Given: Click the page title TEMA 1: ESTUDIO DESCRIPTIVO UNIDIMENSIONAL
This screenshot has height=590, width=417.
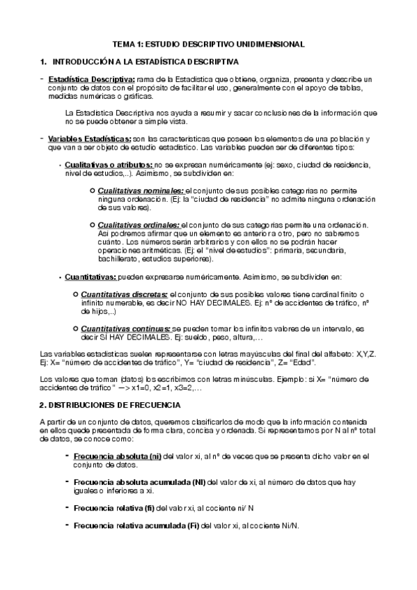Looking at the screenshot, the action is tap(209, 44).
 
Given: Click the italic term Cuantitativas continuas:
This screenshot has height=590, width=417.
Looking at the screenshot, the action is tap(126, 328).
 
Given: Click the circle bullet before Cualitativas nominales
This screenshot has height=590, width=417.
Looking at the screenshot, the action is tap(93, 191).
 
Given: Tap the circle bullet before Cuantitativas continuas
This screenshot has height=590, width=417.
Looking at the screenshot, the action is tap(75, 328).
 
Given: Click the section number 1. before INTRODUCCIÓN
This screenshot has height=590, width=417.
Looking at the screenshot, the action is tap(45, 61).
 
